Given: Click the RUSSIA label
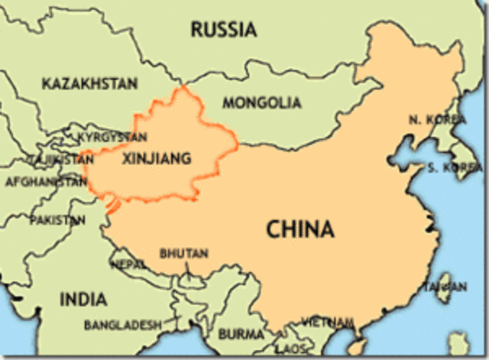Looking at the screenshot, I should point(223,30).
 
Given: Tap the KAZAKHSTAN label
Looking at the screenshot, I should point(89,83).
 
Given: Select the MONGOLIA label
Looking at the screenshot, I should point(261,102).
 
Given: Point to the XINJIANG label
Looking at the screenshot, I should point(157,159).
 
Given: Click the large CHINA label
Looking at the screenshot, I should point(300,229).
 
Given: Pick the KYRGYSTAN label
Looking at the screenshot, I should point(112,137).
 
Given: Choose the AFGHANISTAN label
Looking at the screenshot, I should point(46,183).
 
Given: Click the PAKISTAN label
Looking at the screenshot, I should point(57,220).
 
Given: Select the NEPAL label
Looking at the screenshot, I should point(128,264).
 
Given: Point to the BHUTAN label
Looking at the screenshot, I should point(178,252).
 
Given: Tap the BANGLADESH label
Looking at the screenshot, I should point(122,325).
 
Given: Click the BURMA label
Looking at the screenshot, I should point(241,334).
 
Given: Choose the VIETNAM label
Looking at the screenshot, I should point(327,321).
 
